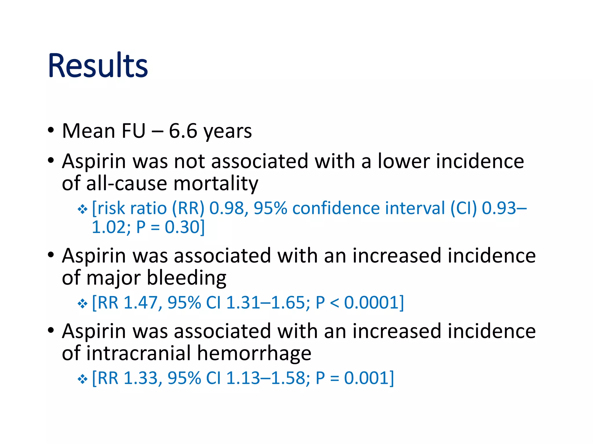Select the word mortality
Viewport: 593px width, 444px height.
[216, 184]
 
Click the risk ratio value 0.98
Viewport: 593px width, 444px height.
[226, 208]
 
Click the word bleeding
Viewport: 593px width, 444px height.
[186, 278]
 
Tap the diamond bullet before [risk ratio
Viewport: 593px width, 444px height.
[83, 209]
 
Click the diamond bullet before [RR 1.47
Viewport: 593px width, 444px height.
[83, 304]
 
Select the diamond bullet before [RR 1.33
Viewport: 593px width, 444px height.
[83, 379]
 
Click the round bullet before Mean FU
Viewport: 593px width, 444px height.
[51, 130]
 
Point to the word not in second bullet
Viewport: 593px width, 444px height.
[189, 161]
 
